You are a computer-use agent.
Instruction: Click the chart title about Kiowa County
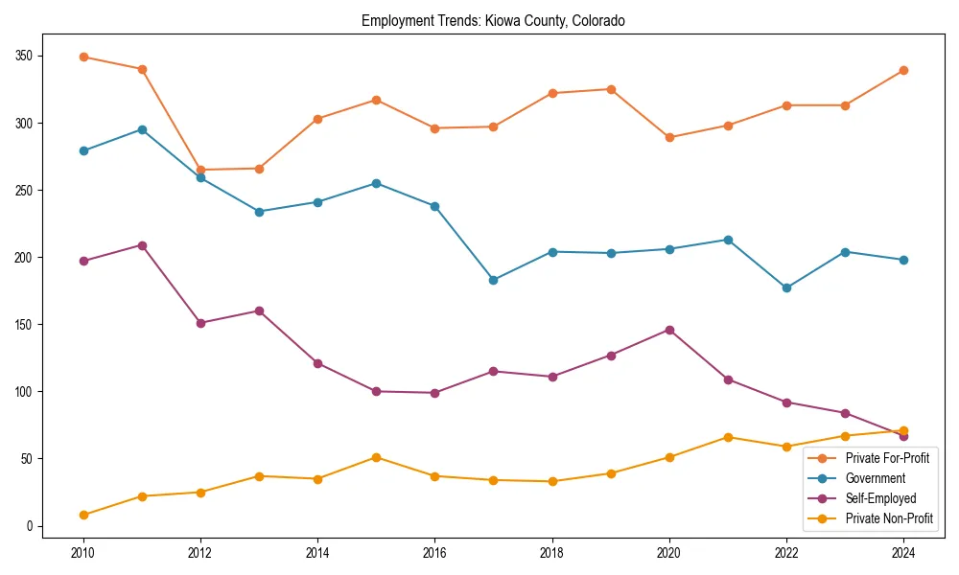click(493, 21)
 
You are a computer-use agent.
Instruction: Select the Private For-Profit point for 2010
click(83, 57)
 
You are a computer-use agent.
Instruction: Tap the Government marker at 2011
click(142, 129)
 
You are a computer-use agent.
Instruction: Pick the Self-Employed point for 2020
click(669, 330)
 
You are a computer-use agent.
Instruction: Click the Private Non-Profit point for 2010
click(83, 515)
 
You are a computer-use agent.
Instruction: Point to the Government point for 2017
click(494, 280)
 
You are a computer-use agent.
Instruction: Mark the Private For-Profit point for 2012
click(200, 170)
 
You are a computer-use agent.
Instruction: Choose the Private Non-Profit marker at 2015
click(376, 457)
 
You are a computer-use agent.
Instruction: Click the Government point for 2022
click(786, 287)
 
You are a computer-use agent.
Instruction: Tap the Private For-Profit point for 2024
click(903, 70)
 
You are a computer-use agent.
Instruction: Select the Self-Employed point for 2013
click(259, 310)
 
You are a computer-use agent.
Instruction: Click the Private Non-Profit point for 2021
click(728, 437)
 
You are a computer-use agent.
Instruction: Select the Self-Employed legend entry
click(879, 498)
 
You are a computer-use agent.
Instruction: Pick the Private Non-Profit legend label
click(889, 518)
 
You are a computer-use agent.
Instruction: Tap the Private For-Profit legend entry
click(887, 458)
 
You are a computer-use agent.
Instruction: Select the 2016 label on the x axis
click(434, 553)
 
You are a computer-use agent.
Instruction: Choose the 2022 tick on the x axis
click(786, 553)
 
